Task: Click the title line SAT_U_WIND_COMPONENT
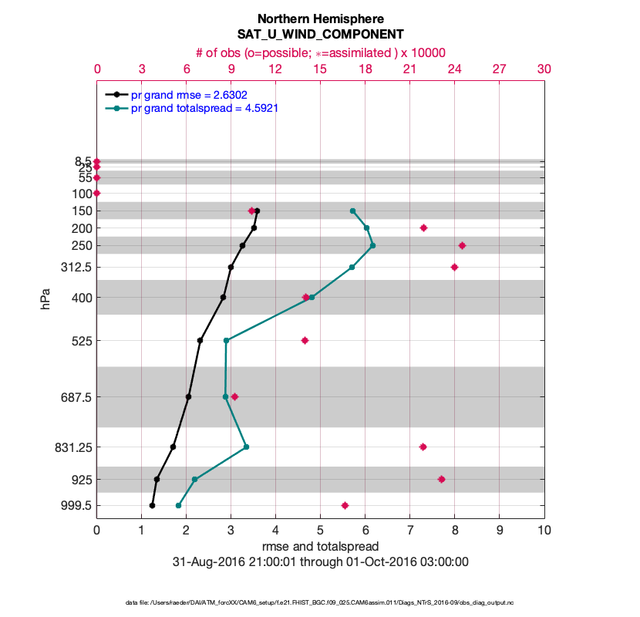(320, 35)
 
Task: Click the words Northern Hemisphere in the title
(320, 19)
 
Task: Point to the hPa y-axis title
(45, 299)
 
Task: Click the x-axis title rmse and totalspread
(320, 547)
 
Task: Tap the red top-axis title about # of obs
(320, 52)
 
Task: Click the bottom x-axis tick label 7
(409, 531)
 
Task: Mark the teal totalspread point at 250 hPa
(372, 246)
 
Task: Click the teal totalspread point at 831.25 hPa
(246, 447)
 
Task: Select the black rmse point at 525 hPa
(200, 340)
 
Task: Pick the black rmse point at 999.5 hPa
(152, 506)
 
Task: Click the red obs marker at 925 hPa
(441, 479)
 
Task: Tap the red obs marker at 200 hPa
(423, 228)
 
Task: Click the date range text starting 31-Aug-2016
(320, 562)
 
